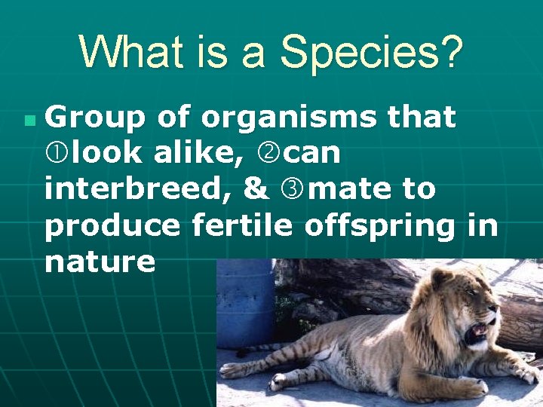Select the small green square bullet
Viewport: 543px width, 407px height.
tap(29, 120)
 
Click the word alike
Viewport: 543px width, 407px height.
tap(198, 154)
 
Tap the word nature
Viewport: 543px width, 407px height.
tap(100, 262)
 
